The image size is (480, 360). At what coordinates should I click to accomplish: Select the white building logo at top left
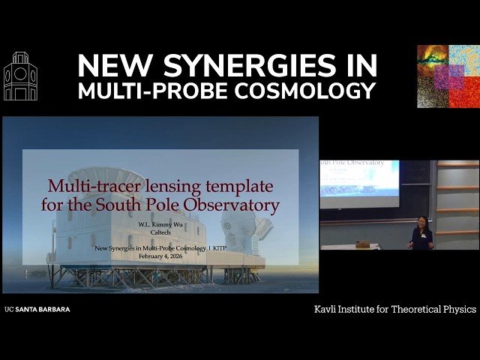[x=20, y=76]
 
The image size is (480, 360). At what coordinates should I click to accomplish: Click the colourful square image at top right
[x=448, y=76]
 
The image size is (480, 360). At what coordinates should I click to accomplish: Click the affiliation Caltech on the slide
[x=160, y=233]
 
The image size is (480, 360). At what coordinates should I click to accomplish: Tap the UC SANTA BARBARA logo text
[x=37, y=309]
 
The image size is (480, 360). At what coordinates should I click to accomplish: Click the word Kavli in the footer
[x=328, y=309]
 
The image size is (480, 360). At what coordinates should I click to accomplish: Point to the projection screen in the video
[x=358, y=182]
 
